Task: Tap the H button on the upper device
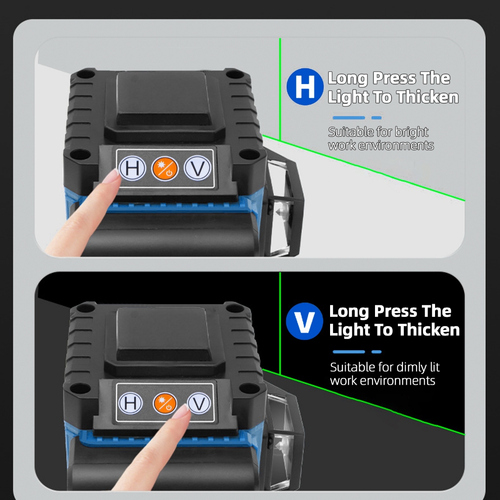(x=132, y=168)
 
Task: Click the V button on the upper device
(x=197, y=168)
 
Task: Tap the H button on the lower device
(x=130, y=403)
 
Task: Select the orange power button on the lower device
(x=165, y=403)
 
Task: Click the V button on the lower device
(x=199, y=403)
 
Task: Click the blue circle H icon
(x=305, y=87)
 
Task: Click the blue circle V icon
(x=305, y=321)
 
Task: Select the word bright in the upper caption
(x=411, y=132)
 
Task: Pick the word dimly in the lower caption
(x=410, y=367)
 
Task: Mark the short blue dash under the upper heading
(x=376, y=118)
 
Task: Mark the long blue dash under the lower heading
(x=349, y=352)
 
